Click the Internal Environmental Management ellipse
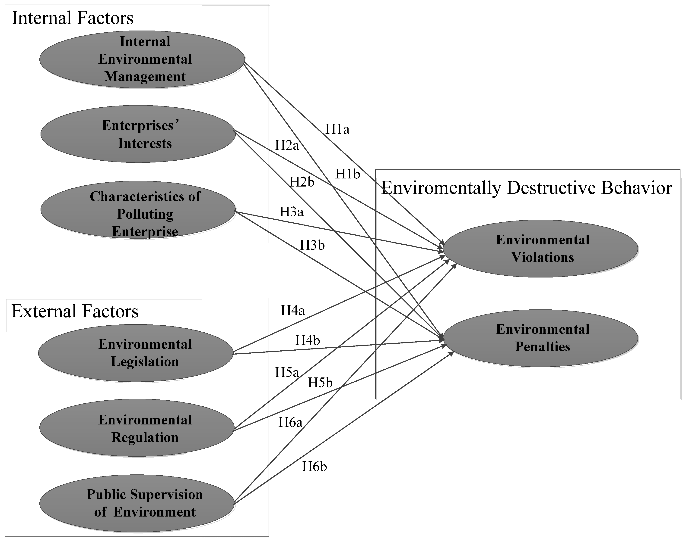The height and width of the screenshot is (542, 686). (x=142, y=59)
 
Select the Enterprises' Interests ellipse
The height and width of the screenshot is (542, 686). (x=138, y=134)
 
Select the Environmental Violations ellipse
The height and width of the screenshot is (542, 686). (x=540, y=249)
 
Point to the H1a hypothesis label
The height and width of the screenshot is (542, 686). (x=337, y=129)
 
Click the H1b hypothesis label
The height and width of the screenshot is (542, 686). (x=348, y=174)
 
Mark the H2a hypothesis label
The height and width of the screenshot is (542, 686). (x=287, y=145)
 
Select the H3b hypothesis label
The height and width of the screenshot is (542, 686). (x=312, y=245)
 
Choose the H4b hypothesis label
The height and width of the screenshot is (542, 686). (x=307, y=340)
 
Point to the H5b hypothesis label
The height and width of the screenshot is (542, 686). (x=320, y=383)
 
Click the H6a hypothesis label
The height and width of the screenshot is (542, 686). (x=290, y=422)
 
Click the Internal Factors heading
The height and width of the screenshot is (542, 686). (x=73, y=18)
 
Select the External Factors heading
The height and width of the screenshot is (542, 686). (x=75, y=311)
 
